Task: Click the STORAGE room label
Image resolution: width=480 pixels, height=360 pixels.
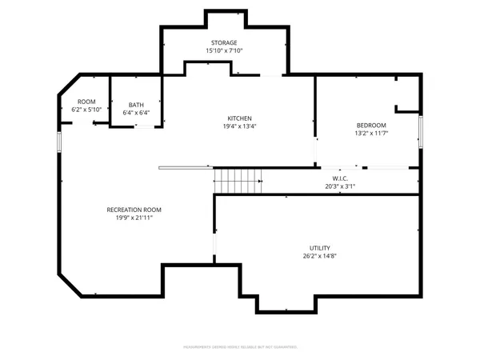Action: coord(224,42)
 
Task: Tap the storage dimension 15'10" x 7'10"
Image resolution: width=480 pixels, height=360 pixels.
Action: coord(224,50)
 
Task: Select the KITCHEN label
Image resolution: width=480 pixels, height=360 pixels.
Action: coord(240,118)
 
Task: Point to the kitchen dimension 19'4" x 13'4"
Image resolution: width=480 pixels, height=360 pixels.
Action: coord(240,126)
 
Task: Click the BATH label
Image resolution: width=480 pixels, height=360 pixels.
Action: coord(135,105)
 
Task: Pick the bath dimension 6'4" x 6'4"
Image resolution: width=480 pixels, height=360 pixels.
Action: coord(135,113)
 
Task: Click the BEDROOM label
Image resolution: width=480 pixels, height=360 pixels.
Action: coord(371,125)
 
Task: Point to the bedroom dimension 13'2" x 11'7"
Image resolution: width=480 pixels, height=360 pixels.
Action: coord(371,133)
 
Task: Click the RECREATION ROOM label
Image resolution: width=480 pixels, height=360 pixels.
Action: coord(140,210)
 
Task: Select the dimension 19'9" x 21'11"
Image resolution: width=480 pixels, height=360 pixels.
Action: coord(140,218)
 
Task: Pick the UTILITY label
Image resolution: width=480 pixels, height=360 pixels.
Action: coord(320,248)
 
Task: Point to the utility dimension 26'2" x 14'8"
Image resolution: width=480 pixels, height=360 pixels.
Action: coord(320,257)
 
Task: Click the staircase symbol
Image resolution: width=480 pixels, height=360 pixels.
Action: coord(238,181)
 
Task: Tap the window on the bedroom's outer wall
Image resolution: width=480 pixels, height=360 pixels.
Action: coord(421,133)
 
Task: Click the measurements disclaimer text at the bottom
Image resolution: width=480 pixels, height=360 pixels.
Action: coord(240,347)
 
